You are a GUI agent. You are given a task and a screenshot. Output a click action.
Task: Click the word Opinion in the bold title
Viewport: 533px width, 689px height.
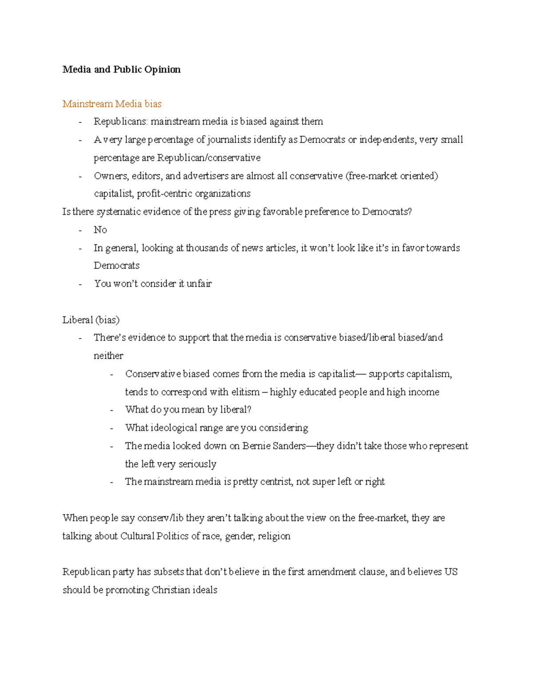pyautogui.click(x=162, y=70)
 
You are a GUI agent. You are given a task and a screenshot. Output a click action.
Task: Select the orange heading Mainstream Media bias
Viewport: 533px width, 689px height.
pyautogui.click(x=112, y=104)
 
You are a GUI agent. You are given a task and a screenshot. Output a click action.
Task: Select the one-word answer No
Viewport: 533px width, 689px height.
pyautogui.click(x=100, y=230)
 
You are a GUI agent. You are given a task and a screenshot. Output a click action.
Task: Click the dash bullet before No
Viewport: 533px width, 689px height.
pyautogui.click(x=80, y=230)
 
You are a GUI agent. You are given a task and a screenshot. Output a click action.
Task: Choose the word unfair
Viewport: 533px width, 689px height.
pyautogui.click(x=199, y=283)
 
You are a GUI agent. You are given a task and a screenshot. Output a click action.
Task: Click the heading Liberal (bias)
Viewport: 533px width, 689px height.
pyautogui.click(x=91, y=320)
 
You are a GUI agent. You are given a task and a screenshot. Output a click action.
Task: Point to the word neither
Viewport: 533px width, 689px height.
pyautogui.click(x=108, y=356)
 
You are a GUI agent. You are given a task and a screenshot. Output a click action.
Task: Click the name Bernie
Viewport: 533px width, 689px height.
pyautogui.click(x=257, y=446)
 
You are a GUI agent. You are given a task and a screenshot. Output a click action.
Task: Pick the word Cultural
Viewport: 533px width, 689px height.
pyautogui.click(x=137, y=536)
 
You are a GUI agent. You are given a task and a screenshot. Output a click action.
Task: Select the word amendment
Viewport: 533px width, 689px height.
pyautogui.click(x=347, y=572)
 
